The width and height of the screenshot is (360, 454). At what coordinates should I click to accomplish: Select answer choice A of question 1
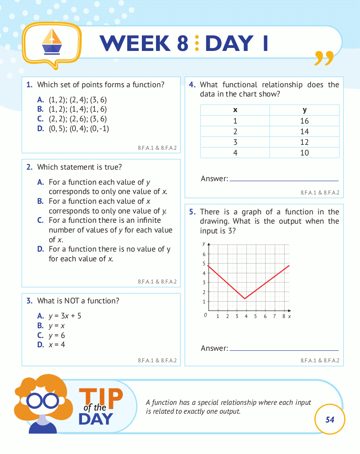click(x=78, y=100)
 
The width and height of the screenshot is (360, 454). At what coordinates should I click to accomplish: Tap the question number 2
click(x=30, y=167)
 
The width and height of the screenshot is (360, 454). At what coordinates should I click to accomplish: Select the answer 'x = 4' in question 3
click(x=57, y=344)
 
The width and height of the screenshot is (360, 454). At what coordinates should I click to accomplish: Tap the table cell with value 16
click(x=304, y=121)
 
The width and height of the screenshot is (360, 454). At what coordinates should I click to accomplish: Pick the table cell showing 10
click(x=304, y=153)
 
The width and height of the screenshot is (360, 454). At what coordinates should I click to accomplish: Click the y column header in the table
click(x=304, y=110)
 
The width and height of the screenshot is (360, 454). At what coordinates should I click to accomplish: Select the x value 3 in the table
click(x=235, y=142)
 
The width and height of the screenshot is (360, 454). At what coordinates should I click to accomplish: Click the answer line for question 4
click(x=284, y=180)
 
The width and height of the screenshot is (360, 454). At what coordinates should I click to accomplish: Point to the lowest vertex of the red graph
click(x=245, y=299)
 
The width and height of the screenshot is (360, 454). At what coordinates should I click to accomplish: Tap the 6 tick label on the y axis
click(x=204, y=254)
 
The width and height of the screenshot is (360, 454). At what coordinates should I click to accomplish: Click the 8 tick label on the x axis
click(x=283, y=316)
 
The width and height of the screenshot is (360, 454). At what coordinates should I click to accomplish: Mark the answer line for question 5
click(x=284, y=349)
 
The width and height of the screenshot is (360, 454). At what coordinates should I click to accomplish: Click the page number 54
click(x=329, y=419)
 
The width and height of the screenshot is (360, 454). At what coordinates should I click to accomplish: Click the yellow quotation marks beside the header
click(x=323, y=58)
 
